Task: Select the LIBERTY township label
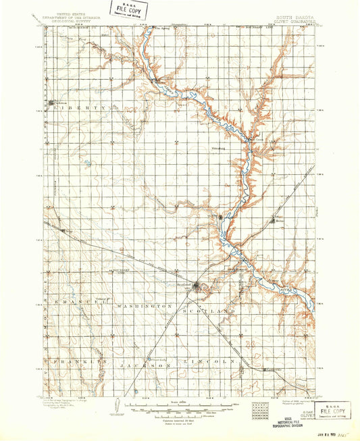83,107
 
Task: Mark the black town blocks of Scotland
196,285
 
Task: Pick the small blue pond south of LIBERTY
90,161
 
